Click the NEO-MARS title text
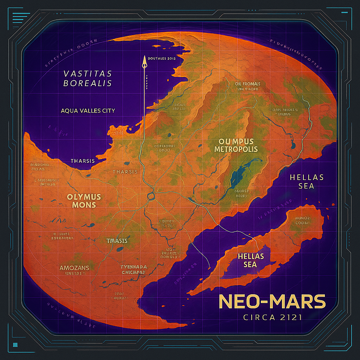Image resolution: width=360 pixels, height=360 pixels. [x=272, y=301]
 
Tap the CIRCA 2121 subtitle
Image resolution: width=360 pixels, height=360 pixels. [x=272, y=317]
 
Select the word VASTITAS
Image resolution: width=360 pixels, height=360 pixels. [x=88, y=74]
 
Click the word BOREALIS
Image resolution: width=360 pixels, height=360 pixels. [x=88, y=83]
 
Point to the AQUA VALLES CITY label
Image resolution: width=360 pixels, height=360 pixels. [x=88, y=111]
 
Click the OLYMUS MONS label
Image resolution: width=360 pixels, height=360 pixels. [x=84, y=201]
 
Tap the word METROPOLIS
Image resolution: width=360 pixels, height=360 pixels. [x=236, y=149]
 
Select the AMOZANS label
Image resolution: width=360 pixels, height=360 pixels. [x=74, y=268]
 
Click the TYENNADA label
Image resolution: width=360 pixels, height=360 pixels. [x=134, y=267]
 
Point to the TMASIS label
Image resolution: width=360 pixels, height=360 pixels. [x=117, y=241]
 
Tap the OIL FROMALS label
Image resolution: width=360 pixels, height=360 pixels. [x=247, y=84]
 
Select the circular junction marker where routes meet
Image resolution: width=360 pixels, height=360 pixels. [x=151, y=196]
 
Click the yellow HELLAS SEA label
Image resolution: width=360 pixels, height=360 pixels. [x=251, y=260]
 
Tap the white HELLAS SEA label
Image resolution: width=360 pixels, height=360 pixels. [x=306, y=181]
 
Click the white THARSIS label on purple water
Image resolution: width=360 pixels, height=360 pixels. [x=83, y=161]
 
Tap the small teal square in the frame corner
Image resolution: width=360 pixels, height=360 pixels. [x=15, y=344]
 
